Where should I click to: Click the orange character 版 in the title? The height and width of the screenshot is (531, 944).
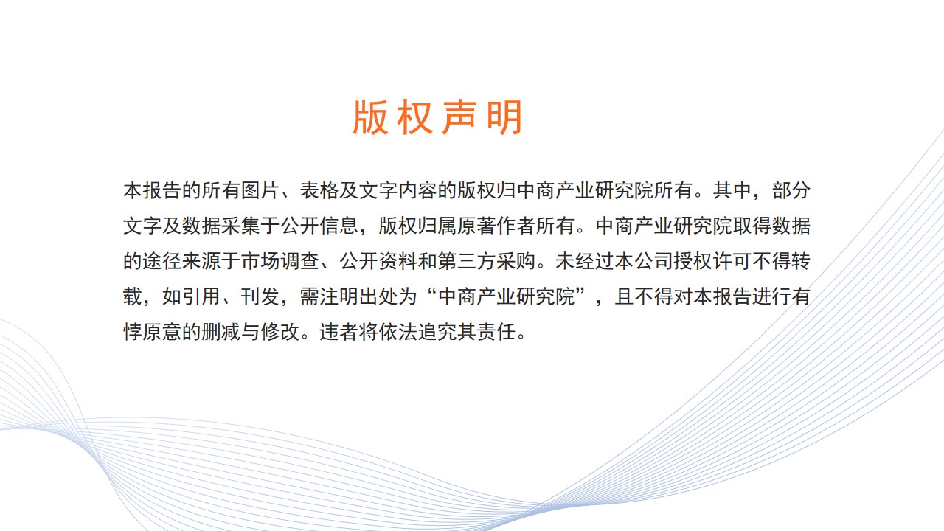tap(370, 117)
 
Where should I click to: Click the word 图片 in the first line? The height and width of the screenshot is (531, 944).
tap(260, 190)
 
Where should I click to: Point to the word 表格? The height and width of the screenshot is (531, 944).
tap(319, 190)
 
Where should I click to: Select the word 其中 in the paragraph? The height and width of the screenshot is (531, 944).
tap(732, 190)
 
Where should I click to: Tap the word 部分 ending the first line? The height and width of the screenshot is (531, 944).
tap(791, 190)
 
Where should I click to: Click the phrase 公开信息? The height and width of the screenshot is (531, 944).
tap(319, 226)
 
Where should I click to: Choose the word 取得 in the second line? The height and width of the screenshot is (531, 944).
tap(752, 226)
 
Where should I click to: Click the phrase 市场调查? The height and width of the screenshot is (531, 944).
tap(280, 261)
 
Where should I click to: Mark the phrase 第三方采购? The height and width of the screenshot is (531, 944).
tap(486, 261)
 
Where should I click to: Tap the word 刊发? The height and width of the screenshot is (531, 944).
tap(260, 296)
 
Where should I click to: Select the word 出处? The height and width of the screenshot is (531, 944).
tap(378, 296)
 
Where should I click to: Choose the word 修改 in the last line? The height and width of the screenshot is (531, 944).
tap(280, 332)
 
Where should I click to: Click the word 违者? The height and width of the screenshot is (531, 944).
tap(339, 332)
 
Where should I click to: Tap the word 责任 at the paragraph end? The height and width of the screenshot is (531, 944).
tap(496, 332)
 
